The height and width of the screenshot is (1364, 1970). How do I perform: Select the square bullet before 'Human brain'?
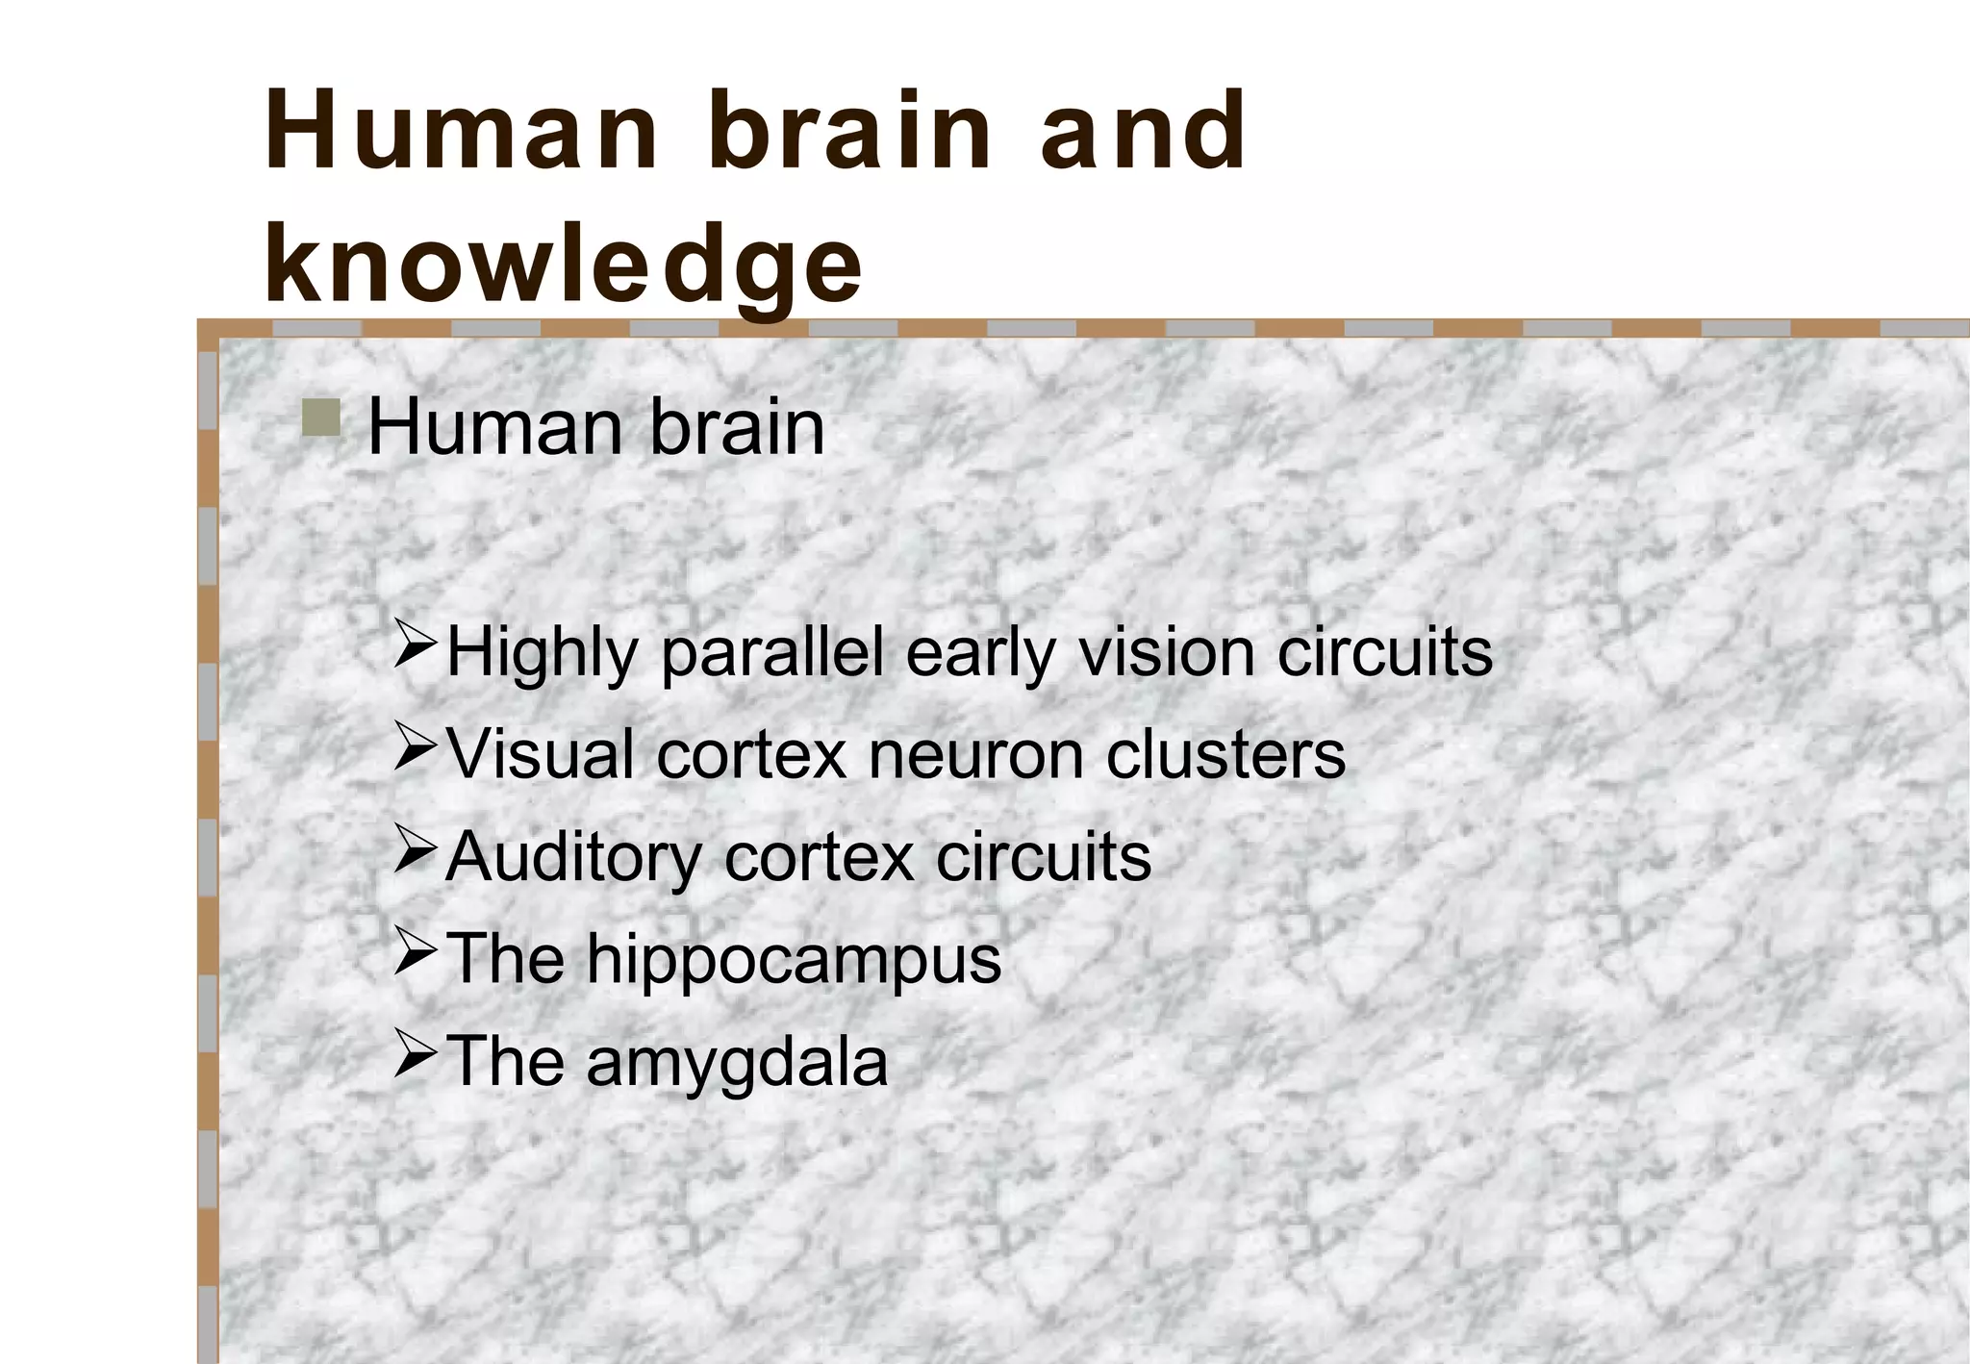(x=320, y=418)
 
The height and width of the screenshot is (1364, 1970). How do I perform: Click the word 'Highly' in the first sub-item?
(x=543, y=654)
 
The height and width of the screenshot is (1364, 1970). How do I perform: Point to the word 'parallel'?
(x=772, y=654)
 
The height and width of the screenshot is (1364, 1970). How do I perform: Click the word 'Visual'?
(x=541, y=754)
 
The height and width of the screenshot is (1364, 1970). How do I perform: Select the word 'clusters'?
(x=1225, y=754)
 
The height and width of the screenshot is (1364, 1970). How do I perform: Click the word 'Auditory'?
(x=573, y=857)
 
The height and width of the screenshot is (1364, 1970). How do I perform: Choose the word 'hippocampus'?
(x=794, y=960)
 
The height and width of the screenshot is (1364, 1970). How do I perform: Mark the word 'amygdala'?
(x=736, y=1063)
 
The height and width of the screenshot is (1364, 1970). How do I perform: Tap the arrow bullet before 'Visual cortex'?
(x=417, y=748)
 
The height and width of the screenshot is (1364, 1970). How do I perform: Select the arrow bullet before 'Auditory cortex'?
(x=417, y=850)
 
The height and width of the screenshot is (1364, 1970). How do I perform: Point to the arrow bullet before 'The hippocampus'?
(x=417, y=952)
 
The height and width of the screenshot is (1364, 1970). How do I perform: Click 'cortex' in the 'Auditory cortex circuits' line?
(x=819, y=857)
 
